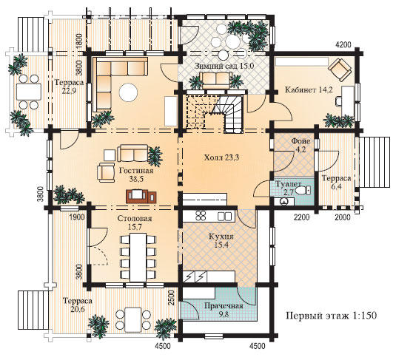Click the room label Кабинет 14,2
coord(309,89)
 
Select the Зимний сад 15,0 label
coord(224,66)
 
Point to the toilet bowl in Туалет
coord(303,191)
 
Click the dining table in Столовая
coord(138,257)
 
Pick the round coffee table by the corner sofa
coord(128,92)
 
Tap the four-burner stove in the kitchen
coord(201,216)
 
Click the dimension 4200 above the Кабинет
coord(343,44)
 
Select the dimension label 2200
coord(301,217)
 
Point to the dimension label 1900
coord(77,217)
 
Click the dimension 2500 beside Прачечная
coord(171,297)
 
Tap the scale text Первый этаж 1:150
coord(332,316)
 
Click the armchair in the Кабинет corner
coord(340,69)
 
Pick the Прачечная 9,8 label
coord(224,310)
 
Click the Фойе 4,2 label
coord(300,145)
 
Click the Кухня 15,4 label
coord(221,240)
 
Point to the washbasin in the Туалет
coord(283,201)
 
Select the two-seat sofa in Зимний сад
coord(216,80)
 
